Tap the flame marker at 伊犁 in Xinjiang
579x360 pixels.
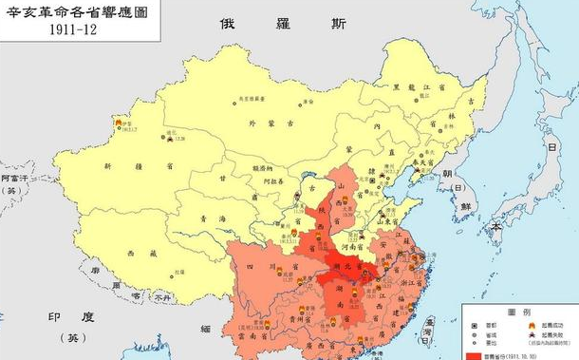(119, 123)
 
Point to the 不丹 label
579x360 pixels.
(163, 296)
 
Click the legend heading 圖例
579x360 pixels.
(517, 311)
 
